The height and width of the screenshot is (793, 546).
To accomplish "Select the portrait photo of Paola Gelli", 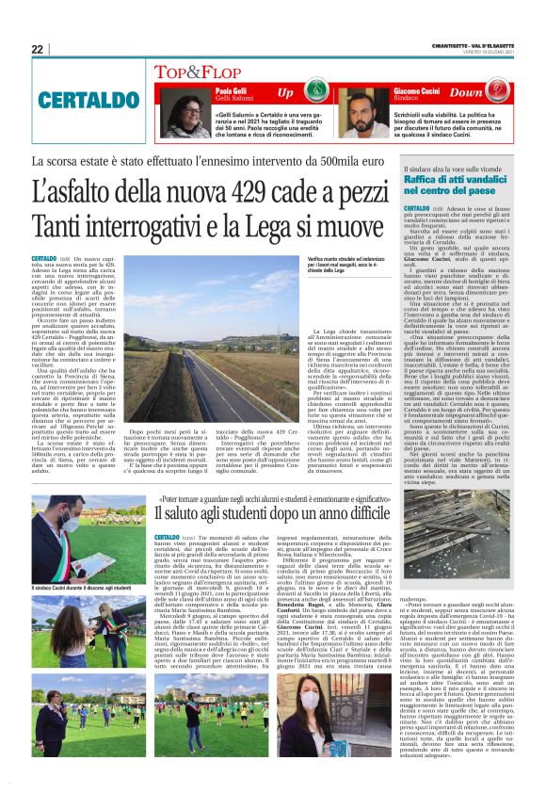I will [x=185, y=114].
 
